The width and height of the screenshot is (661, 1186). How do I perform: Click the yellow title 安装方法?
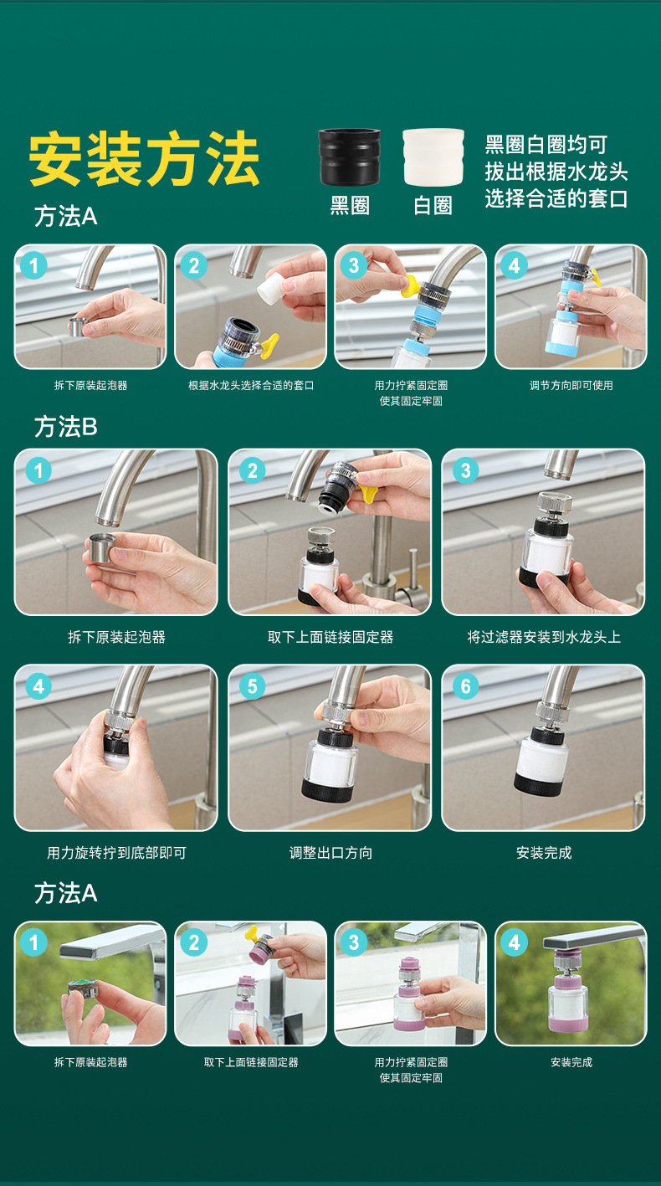tap(144, 159)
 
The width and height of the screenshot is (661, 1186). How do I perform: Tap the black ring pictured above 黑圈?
tap(349, 157)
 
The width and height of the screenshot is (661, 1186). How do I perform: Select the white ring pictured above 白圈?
tap(433, 157)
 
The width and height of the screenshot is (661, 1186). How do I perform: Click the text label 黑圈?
tap(350, 205)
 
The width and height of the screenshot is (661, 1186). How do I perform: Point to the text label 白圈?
tap(433, 205)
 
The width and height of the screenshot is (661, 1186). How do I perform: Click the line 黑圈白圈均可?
tap(546, 145)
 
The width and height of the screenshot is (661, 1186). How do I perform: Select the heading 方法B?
tap(65, 427)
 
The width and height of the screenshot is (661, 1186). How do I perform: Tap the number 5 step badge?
tap(253, 686)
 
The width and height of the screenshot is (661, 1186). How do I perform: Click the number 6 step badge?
tap(466, 686)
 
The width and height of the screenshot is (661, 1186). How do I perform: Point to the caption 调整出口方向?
tap(330, 853)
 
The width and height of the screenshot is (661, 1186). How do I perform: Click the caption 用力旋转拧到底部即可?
tap(116, 853)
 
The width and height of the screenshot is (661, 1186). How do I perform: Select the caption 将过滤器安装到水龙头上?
tap(544, 637)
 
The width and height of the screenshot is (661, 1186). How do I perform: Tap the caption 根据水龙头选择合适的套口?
tap(251, 386)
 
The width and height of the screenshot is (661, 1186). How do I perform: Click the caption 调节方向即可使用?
tap(571, 386)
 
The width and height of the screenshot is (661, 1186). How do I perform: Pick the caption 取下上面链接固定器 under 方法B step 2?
tap(330, 637)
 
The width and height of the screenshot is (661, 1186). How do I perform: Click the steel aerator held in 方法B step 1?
tap(101, 547)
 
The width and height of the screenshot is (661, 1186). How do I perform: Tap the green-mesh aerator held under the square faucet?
tap(84, 989)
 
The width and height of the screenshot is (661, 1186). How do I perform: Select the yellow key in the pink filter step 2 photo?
tap(254, 935)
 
